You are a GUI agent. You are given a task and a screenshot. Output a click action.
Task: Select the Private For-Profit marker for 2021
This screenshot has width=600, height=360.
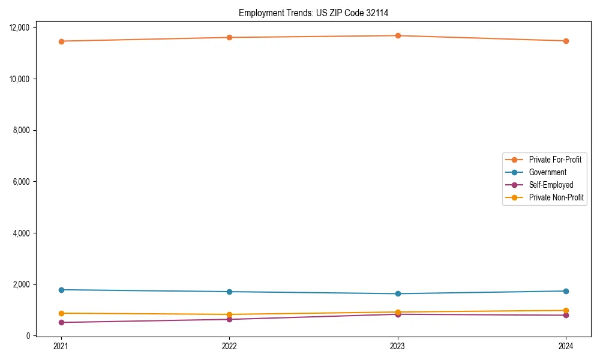[x=61, y=41]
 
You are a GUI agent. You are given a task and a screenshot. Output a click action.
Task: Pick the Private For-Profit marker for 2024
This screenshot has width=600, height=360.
[x=566, y=41]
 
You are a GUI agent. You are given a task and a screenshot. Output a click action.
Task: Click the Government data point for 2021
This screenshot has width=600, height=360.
[x=61, y=290]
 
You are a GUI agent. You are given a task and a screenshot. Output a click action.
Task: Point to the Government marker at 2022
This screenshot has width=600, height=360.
[x=229, y=292]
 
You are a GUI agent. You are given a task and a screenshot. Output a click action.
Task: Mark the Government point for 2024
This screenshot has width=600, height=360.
[x=566, y=291]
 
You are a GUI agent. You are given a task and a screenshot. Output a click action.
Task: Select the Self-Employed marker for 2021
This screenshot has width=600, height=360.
[x=61, y=322]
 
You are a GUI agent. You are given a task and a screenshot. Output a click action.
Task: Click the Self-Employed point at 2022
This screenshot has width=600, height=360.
[x=229, y=319]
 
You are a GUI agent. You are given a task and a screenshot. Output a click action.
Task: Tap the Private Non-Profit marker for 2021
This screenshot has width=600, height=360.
[x=61, y=313]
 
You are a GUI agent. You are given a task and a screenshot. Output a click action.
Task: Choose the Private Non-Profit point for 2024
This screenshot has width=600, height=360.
[x=566, y=310]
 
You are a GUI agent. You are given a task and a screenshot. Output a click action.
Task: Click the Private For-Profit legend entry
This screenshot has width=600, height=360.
[x=555, y=160]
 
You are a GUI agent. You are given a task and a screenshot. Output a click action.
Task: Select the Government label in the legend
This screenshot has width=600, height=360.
[x=547, y=172]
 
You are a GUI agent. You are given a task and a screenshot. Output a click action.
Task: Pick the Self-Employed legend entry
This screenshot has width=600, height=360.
[x=551, y=185]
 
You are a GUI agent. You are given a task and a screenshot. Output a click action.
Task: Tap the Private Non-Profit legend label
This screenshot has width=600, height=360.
[x=556, y=197]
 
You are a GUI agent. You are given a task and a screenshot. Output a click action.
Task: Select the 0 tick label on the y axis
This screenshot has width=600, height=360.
[x=28, y=336]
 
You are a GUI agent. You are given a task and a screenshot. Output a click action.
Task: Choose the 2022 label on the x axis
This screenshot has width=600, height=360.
[x=229, y=346]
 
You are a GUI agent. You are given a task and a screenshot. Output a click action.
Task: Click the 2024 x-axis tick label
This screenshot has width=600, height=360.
[x=566, y=346]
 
